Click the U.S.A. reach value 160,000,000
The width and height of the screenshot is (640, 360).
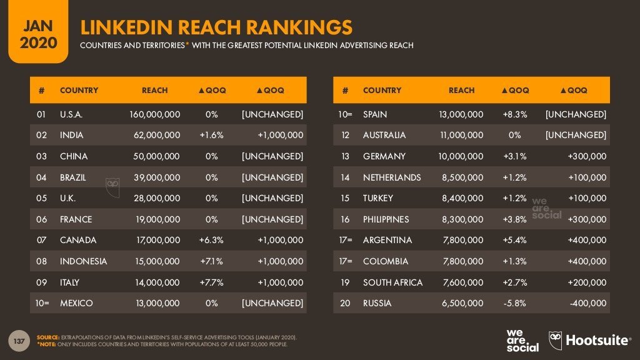click(x=154, y=114)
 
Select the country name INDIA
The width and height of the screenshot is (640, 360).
click(x=71, y=135)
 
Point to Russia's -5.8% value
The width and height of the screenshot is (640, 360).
click(x=514, y=303)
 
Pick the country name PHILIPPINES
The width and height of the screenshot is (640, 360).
click(x=386, y=219)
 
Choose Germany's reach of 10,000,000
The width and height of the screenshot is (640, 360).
click(x=457, y=156)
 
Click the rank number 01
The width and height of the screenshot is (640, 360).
click(x=42, y=114)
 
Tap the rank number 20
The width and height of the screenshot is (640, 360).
click(x=345, y=303)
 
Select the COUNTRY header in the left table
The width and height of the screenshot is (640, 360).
click(x=79, y=91)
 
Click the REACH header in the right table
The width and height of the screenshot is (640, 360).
click(x=461, y=91)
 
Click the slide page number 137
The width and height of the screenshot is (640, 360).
click(x=19, y=341)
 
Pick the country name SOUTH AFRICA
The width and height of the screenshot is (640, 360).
click(x=392, y=282)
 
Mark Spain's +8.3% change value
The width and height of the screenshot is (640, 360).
click(x=514, y=114)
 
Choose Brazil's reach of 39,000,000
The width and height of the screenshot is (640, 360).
click(x=157, y=177)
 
